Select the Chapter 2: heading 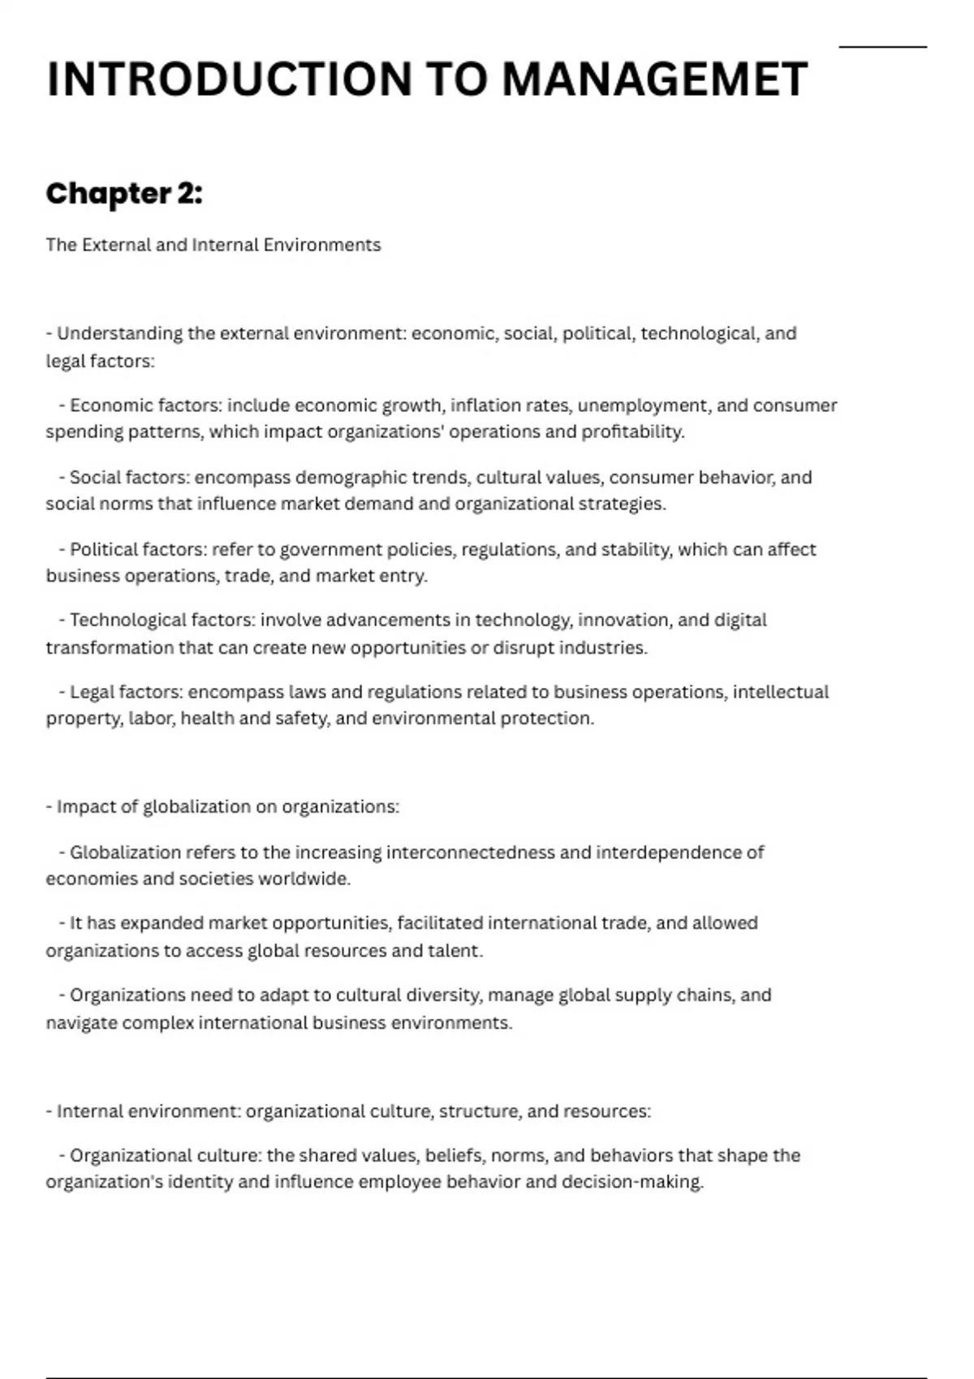click(x=124, y=194)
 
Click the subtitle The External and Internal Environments click(x=213, y=245)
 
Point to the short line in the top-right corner click(x=882, y=47)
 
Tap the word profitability click(x=632, y=432)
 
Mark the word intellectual click(x=781, y=692)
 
